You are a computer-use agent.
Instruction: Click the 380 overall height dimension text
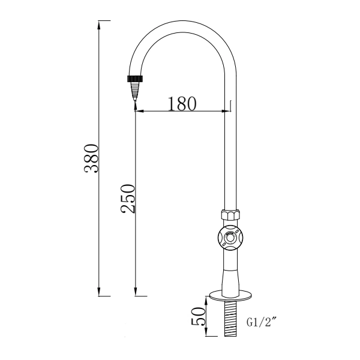pyautogui.click(x=91, y=158)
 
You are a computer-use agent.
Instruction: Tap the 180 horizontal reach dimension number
pyautogui.click(x=182, y=104)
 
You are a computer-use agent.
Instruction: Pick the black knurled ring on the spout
pyautogui.click(x=136, y=78)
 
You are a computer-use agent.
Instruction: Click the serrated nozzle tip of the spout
pyautogui.click(x=136, y=91)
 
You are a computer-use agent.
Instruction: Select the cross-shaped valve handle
pyautogui.click(x=229, y=238)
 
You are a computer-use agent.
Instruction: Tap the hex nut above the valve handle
pyautogui.click(x=229, y=215)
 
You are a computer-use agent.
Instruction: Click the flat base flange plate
pyautogui.click(x=229, y=296)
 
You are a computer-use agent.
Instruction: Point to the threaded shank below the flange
pyautogui.click(x=229, y=318)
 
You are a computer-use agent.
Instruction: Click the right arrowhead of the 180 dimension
pyautogui.click(x=226, y=111)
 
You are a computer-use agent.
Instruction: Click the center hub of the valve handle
pyautogui.click(x=229, y=238)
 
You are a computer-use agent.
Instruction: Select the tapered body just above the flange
pyautogui.click(x=229, y=276)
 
